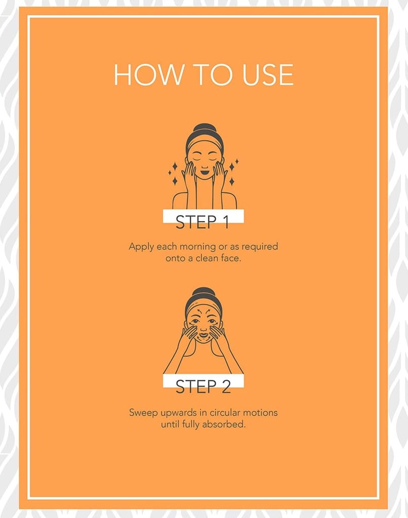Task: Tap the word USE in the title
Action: tap(267, 74)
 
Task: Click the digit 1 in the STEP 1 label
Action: tap(225, 222)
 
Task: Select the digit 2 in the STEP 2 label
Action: tap(225, 386)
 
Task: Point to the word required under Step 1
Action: tap(260, 247)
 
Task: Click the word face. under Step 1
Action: tap(231, 258)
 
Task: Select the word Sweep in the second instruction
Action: tap(143, 413)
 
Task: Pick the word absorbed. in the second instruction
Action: tap(224, 424)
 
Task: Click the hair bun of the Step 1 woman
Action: tap(203, 128)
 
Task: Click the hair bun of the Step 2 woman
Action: tap(203, 291)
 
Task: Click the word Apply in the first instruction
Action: tap(141, 247)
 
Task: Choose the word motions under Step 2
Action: tap(260, 413)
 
